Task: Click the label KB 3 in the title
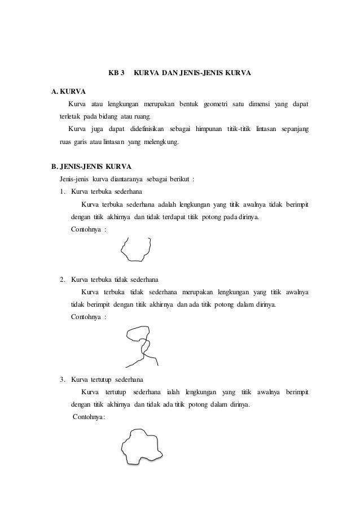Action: tap(116, 74)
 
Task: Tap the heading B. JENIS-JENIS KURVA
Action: tap(91, 168)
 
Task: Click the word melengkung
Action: tap(161, 143)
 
